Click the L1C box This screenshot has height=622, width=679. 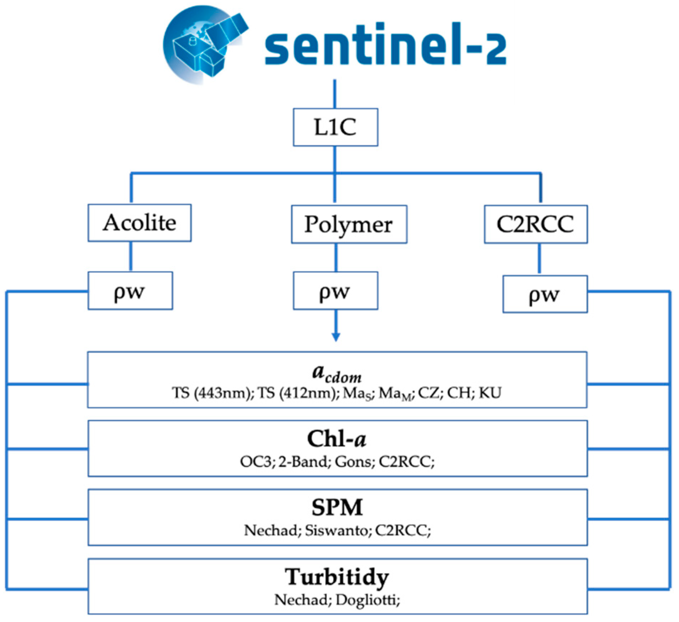[x=335, y=127]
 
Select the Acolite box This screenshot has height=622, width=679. [x=139, y=223]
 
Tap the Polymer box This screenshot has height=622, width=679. [x=349, y=224]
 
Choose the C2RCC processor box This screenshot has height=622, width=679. [x=535, y=224]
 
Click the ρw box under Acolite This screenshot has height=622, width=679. [x=130, y=291]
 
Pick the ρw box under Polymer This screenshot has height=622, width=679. [x=335, y=291]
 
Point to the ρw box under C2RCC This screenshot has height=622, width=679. [x=545, y=294]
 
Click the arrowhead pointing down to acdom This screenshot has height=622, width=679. [x=336, y=337]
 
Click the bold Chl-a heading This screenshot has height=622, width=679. [x=337, y=439]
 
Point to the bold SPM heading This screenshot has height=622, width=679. [x=337, y=508]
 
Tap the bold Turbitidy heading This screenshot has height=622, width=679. [x=337, y=577]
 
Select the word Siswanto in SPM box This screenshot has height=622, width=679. [x=336, y=530]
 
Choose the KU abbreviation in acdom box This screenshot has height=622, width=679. [x=490, y=393]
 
